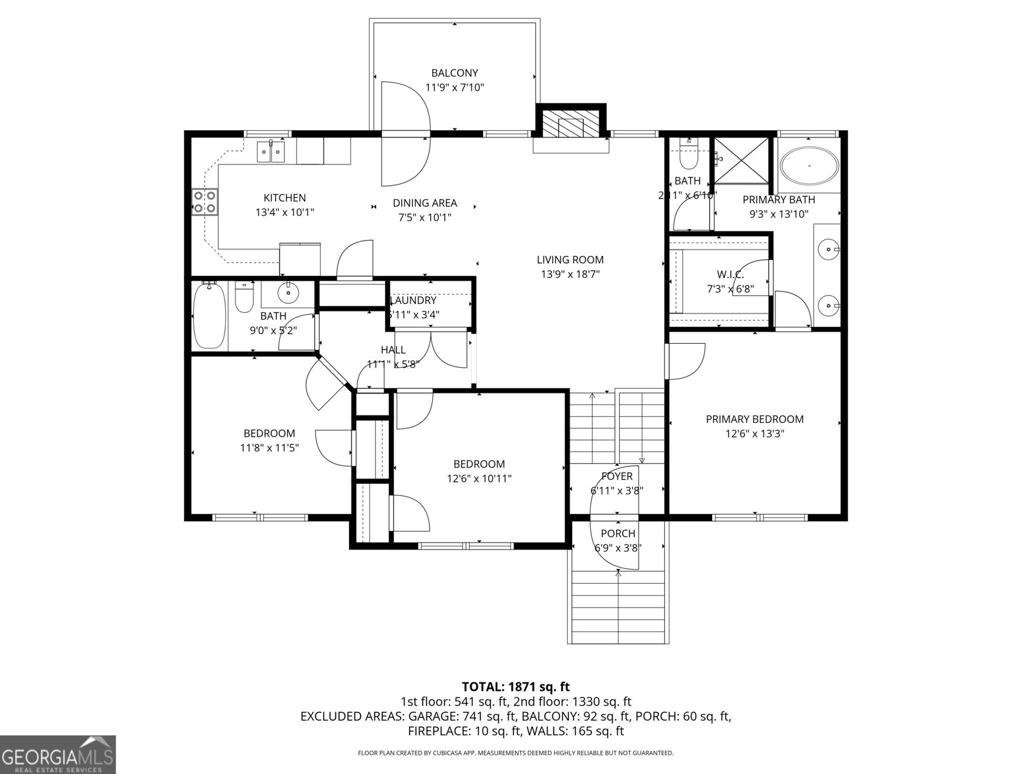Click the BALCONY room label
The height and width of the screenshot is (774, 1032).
click(x=455, y=73)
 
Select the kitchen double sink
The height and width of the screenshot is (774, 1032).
click(x=271, y=153)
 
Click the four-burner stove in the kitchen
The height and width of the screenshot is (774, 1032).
click(x=204, y=202)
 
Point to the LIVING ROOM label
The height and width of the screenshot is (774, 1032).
click(x=570, y=260)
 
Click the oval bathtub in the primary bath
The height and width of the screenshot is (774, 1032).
click(x=809, y=166)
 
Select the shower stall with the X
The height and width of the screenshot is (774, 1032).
click(x=741, y=159)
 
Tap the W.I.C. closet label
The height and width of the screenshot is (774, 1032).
click(x=730, y=275)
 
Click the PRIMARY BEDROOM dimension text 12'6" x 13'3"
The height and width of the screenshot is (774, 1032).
click(x=755, y=434)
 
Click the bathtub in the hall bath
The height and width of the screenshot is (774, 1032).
click(x=209, y=316)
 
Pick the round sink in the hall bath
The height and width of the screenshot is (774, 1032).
click(x=288, y=294)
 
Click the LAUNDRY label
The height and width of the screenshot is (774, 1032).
click(x=413, y=301)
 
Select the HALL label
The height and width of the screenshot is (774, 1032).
click(x=393, y=350)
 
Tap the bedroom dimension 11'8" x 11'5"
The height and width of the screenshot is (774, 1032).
click(x=269, y=447)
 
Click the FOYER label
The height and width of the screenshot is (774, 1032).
click(x=617, y=476)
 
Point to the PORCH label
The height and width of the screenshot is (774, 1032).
click(x=618, y=533)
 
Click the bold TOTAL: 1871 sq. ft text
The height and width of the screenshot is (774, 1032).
click(x=515, y=687)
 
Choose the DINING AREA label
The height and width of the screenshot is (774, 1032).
click(x=424, y=203)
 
